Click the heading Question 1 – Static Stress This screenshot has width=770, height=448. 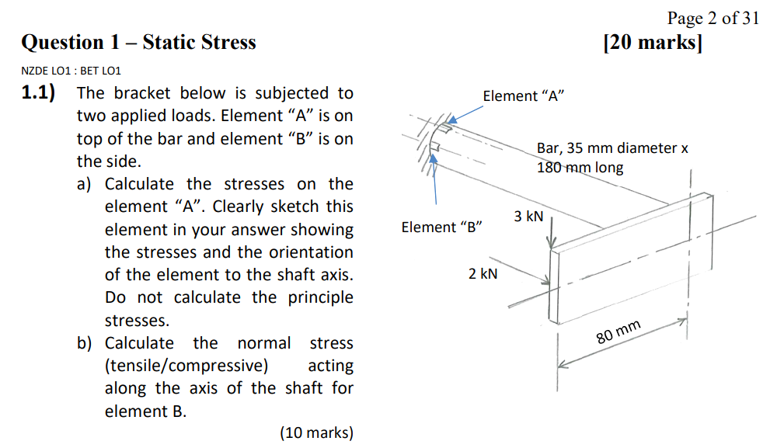(x=138, y=42)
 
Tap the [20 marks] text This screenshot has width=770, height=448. (x=653, y=42)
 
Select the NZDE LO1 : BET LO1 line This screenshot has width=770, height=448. (x=71, y=71)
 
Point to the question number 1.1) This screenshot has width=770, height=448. (x=38, y=92)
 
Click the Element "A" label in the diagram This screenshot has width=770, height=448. (x=524, y=96)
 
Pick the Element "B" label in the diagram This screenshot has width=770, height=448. (x=441, y=227)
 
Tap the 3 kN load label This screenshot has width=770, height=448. (x=528, y=217)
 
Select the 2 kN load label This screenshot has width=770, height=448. (x=483, y=274)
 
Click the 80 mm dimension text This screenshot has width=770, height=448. (x=618, y=332)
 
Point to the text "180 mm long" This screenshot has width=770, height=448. (x=580, y=168)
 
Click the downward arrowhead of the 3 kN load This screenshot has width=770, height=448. (x=552, y=243)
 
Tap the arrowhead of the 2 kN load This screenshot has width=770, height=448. (x=545, y=280)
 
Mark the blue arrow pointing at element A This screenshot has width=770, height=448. (x=465, y=114)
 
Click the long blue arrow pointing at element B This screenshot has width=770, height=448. (x=434, y=179)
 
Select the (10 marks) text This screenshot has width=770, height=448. (x=317, y=432)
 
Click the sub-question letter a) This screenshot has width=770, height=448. (x=84, y=184)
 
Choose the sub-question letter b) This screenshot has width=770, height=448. (x=84, y=343)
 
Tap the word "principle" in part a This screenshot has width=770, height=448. (x=320, y=298)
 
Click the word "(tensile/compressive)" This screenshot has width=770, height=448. (x=186, y=366)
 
